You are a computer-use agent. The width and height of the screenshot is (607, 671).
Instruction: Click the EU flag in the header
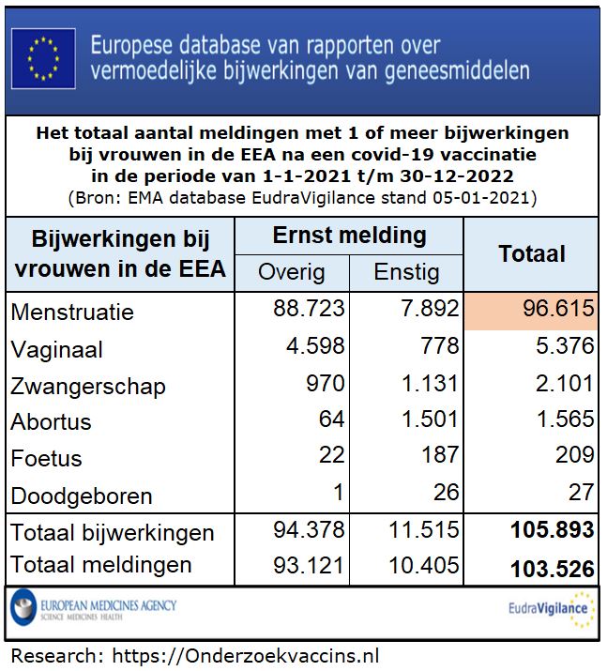click(43, 58)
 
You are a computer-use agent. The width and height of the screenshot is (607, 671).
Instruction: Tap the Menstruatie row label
click(72, 313)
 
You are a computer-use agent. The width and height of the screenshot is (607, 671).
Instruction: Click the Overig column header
click(291, 272)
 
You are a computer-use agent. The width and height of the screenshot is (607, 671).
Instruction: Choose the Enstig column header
click(406, 272)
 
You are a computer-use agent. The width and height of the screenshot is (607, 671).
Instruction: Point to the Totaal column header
click(531, 253)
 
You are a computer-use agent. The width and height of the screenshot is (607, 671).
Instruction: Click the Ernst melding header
click(349, 236)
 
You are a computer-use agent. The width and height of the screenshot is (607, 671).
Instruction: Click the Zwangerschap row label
click(88, 387)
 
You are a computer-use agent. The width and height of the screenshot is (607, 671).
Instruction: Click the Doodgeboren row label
click(82, 496)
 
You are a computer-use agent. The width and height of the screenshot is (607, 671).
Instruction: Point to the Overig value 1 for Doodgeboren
click(338, 493)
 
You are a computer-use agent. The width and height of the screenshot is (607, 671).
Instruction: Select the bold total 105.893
click(552, 530)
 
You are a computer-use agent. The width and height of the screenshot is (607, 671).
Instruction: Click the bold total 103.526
click(552, 568)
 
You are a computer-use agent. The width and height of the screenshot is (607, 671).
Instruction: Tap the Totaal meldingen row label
click(101, 565)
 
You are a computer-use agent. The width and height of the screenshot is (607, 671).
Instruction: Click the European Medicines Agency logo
click(94, 607)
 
